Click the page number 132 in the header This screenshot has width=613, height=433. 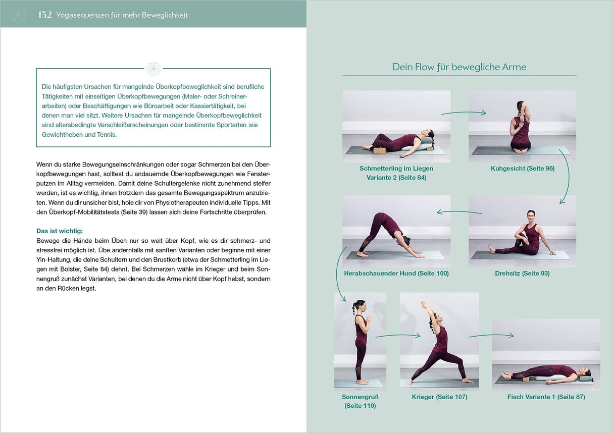click(45, 15)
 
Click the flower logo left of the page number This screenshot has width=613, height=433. click(18, 14)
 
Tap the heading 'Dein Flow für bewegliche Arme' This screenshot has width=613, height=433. click(459, 67)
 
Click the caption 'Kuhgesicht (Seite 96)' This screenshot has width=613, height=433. click(522, 169)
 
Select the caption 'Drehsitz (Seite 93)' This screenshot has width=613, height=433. click(522, 274)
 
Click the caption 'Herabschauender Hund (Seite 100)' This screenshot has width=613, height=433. click(396, 274)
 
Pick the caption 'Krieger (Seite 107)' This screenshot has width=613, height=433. click(439, 397)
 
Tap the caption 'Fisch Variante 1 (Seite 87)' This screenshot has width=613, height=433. click(546, 397)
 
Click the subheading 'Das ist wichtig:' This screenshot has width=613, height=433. click(60, 231)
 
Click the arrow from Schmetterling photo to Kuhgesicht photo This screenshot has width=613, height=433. click(463, 113)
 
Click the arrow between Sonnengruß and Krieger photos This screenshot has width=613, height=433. click(397, 335)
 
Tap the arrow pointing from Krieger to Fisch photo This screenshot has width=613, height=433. click(491, 335)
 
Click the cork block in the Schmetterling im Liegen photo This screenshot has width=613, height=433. click(379, 150)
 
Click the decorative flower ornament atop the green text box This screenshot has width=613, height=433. click(154, 68)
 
